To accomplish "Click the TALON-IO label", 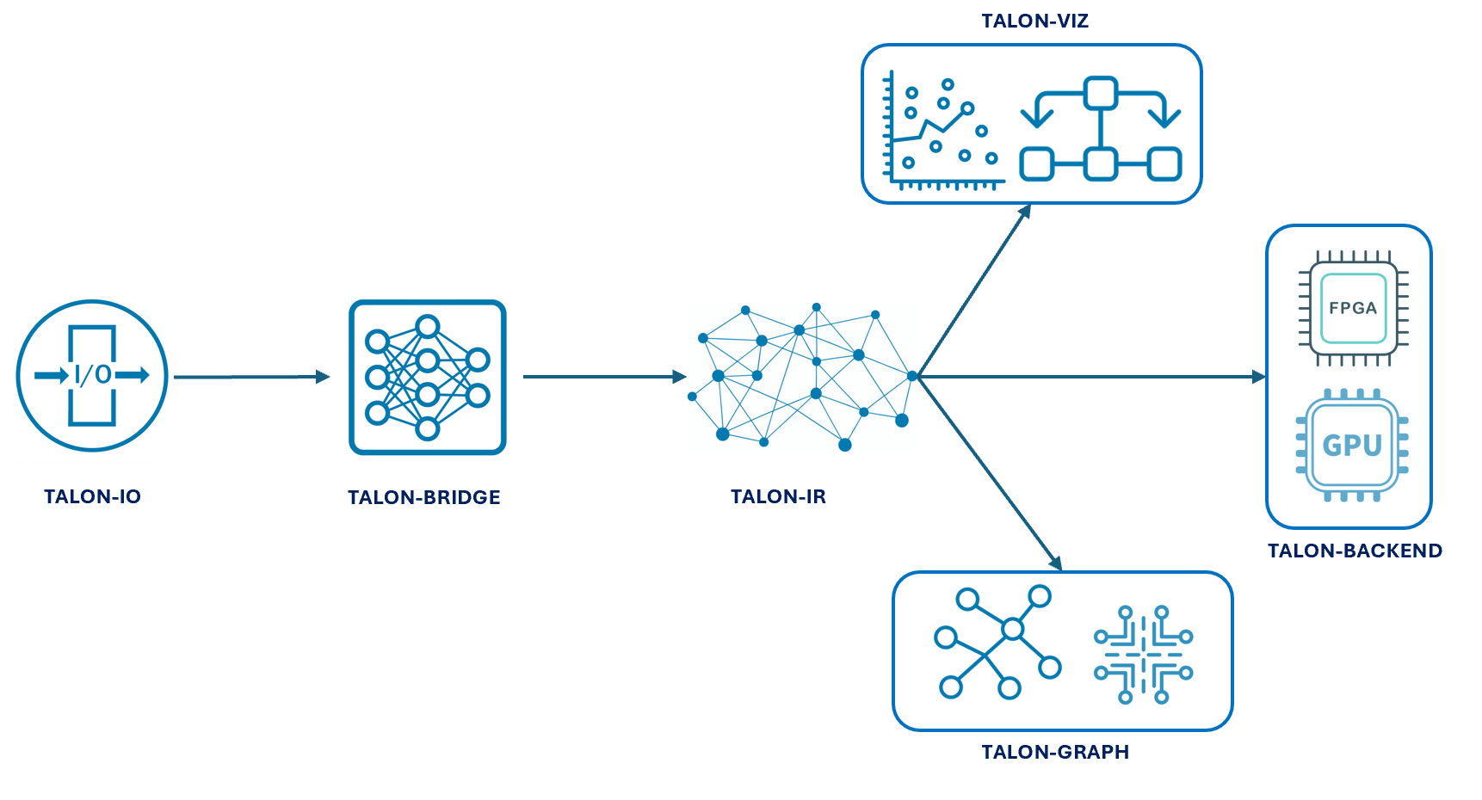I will click(x=92, y=496).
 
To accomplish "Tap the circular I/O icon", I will click(x=92, y=375).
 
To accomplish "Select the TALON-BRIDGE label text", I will click(x=423, y=497).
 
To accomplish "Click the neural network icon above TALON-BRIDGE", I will click(x=427, y=377).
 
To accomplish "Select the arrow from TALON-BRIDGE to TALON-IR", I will click(x=602, y=377).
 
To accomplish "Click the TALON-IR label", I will click(x=778, y=496).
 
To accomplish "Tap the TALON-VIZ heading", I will click(x=1034, y=21).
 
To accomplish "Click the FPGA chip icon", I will click(x=1352, y=308).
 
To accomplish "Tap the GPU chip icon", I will click(x=1352, y=445).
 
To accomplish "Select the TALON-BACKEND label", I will click(x=1355, y=551).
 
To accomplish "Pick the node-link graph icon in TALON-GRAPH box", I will click(x=997, y=643).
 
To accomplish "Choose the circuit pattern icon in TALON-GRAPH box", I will click(x=1143, y=655).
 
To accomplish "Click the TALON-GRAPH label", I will click(x=1055, y=752).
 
